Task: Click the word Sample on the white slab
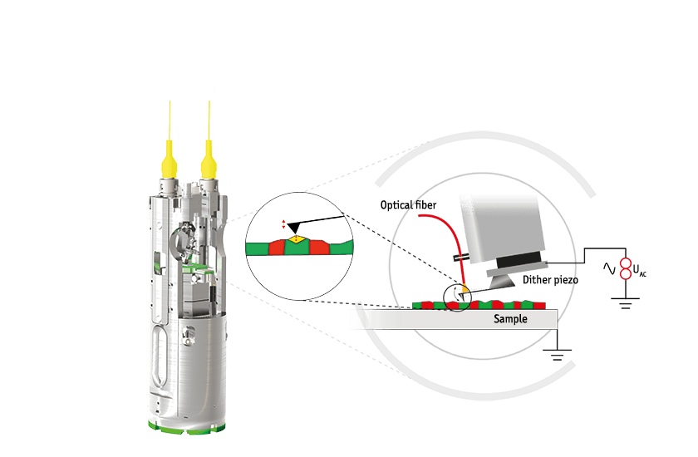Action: pyautogui.click(x=511, y=319)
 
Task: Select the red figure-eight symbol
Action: pyautogui.click(x=626, y=268)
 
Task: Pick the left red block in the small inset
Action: pyautogui.click(x=277, y=248)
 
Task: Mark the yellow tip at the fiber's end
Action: pyautogui.click(x=465, y=290)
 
